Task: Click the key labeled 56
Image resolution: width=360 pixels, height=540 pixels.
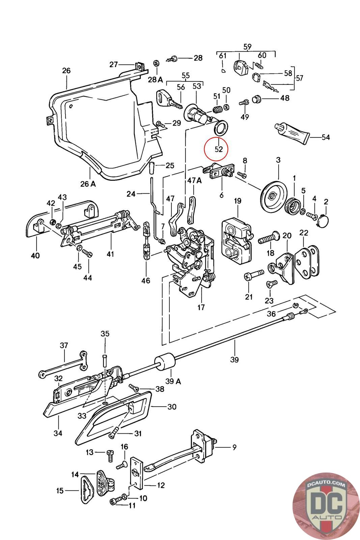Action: point(167,98)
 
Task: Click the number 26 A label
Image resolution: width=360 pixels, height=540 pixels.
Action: point(88,184)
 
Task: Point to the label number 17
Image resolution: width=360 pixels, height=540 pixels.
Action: point(201,307)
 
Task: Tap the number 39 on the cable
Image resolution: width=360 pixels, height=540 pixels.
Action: point(234,359)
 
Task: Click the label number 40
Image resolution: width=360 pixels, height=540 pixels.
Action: point(35,255)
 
